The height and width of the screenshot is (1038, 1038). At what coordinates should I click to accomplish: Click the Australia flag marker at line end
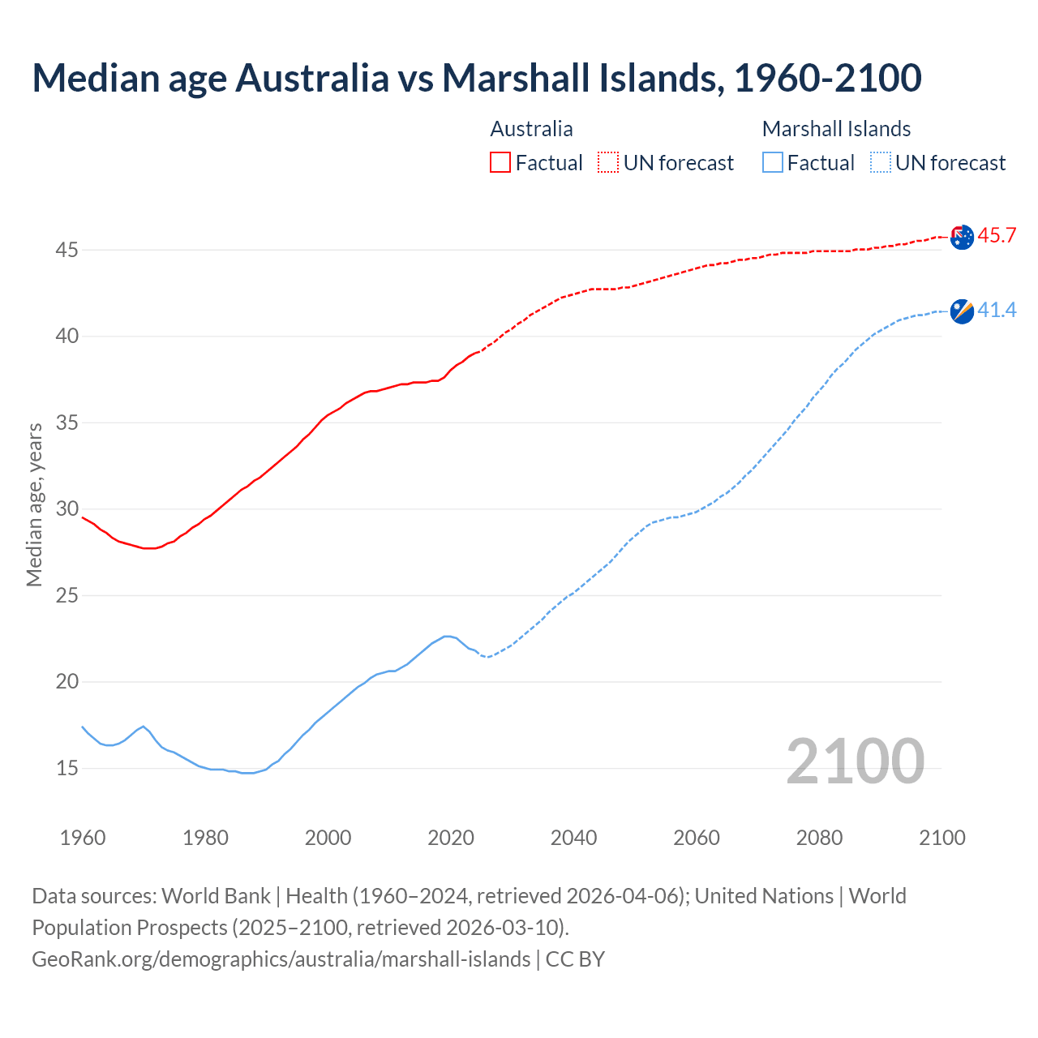[962, 238]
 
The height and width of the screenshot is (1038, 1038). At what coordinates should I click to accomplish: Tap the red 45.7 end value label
[997, 236]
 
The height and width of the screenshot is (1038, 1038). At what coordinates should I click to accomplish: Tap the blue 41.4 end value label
[997, 311]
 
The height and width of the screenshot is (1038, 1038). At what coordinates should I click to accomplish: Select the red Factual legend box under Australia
[500, 163]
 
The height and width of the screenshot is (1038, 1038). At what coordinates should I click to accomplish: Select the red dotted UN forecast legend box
[608, 163]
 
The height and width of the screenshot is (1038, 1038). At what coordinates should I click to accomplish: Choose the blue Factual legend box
[773, 163]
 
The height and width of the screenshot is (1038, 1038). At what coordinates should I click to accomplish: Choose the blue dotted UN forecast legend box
[881, 163]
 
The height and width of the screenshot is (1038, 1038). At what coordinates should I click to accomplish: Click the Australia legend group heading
[531, 129]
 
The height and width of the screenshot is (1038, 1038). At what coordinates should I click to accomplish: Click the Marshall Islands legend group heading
[836, 129]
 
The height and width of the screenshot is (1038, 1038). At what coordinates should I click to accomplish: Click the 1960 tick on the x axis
[83, 838]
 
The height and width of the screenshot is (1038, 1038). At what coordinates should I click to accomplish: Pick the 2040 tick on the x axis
[573, 838]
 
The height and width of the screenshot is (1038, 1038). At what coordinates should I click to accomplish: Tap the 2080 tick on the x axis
[819, 838]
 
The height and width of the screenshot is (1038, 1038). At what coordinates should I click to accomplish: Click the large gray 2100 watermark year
[855, 761]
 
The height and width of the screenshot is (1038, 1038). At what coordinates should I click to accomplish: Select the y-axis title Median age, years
[34, 504]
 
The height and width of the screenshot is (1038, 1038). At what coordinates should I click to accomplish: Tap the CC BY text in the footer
[575, 959]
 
